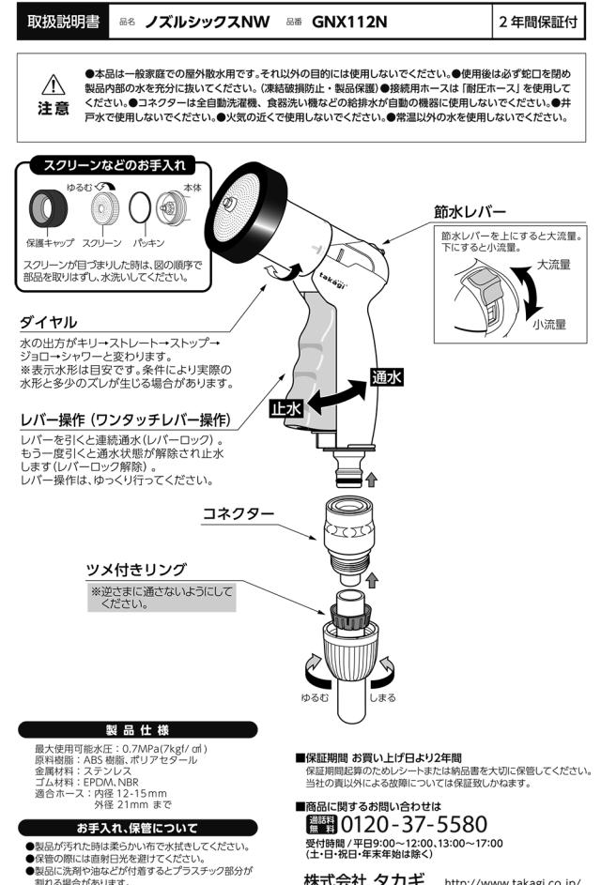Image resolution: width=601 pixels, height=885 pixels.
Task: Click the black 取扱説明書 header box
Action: coord(64,21)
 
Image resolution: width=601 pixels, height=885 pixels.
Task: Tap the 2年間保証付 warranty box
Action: coord(545,21)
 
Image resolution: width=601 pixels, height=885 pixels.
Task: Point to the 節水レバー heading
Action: coord(470,211)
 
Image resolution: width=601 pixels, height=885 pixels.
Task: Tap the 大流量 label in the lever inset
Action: coord(553,265)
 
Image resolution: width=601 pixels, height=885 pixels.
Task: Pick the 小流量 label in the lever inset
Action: coord(548,325)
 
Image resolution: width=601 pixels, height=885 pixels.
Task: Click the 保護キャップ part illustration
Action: coord(44,206)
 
